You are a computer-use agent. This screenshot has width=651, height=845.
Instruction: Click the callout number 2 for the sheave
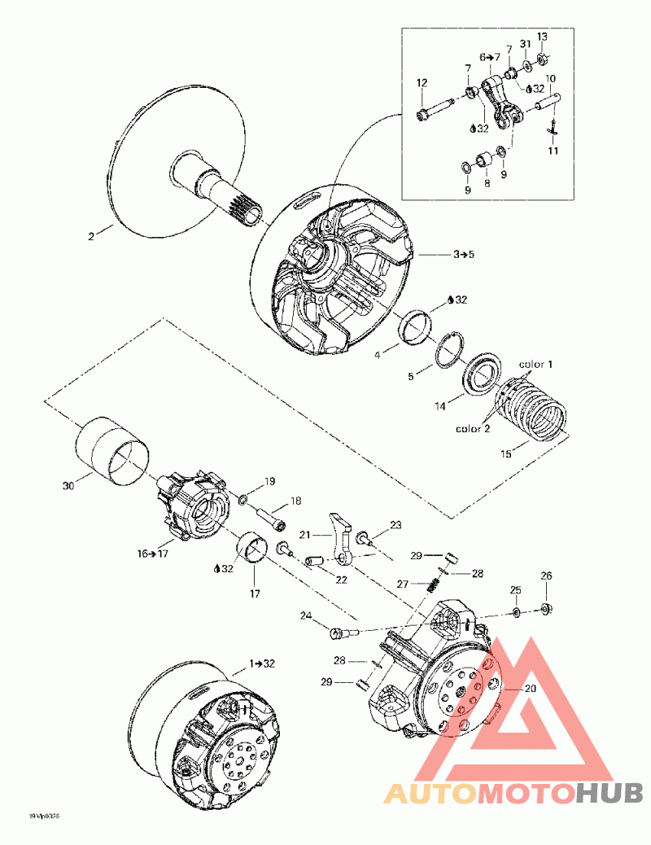pyautogui.click(x=92, y=236)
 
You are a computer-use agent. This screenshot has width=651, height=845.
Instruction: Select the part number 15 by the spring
pyautogui.click(x=506, y=454)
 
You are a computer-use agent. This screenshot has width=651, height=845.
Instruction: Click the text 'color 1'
pyautogui.click(x=536, y=363)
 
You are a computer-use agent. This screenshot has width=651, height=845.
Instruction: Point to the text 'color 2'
pyautogui.click(x=473, y=429)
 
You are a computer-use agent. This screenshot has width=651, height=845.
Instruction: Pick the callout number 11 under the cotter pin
pyautogui.click(x=553, y=151)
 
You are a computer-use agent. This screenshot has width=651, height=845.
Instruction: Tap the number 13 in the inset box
pyautogui.click(x=542, y=37)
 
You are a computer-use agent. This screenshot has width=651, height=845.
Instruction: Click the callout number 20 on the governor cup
pyautogui.click(x=509, y=689)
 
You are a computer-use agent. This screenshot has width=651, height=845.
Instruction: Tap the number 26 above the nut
pyautogui.click(x=547, y=576)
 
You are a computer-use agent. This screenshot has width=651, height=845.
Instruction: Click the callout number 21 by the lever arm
pyautogui.click(x=305, y=534)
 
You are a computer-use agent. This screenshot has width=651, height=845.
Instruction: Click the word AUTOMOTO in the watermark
pyautogui.click(x=478, y=792)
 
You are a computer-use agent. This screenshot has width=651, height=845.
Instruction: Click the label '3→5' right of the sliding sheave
pyautogui.click(x=464, y=255)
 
